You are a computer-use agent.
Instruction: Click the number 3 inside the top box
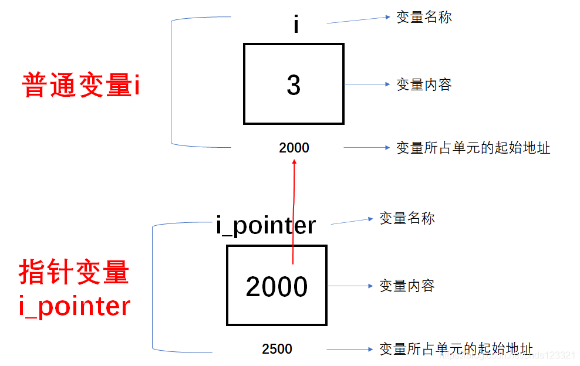click(x=294, y=86)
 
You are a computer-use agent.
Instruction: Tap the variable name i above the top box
click(x=296, y=25)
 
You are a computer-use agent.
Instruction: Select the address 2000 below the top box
click(x=294, y=148)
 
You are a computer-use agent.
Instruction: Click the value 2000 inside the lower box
click(x=276, y=287)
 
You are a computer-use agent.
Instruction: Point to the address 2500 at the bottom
click(x=277, y=350)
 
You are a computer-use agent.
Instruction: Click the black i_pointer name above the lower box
click(x=266, y=225)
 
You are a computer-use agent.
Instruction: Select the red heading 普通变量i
click(x=81, y=86)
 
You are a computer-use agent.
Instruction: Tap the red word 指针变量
click(x=74, y=273)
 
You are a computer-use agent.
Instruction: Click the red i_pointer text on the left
click(x=74, y=306)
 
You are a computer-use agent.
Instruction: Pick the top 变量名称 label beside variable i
click(x=424, y=17)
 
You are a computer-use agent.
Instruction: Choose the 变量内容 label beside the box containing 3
click(x=424, y=84)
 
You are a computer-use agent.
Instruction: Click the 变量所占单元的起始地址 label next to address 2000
click(x=473, y=148)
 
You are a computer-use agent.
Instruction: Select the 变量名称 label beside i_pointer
click(x=407, y=219)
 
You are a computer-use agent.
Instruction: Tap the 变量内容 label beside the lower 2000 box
click(x=407, y=286)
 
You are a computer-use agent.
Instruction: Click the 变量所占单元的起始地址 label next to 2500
click(x=456, y=348)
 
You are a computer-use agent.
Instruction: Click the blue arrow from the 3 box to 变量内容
click(x=367, y=84)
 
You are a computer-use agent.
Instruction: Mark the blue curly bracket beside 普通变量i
click(x=171, y=82)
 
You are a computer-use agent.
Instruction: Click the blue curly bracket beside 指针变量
click(x=153, y=287)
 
